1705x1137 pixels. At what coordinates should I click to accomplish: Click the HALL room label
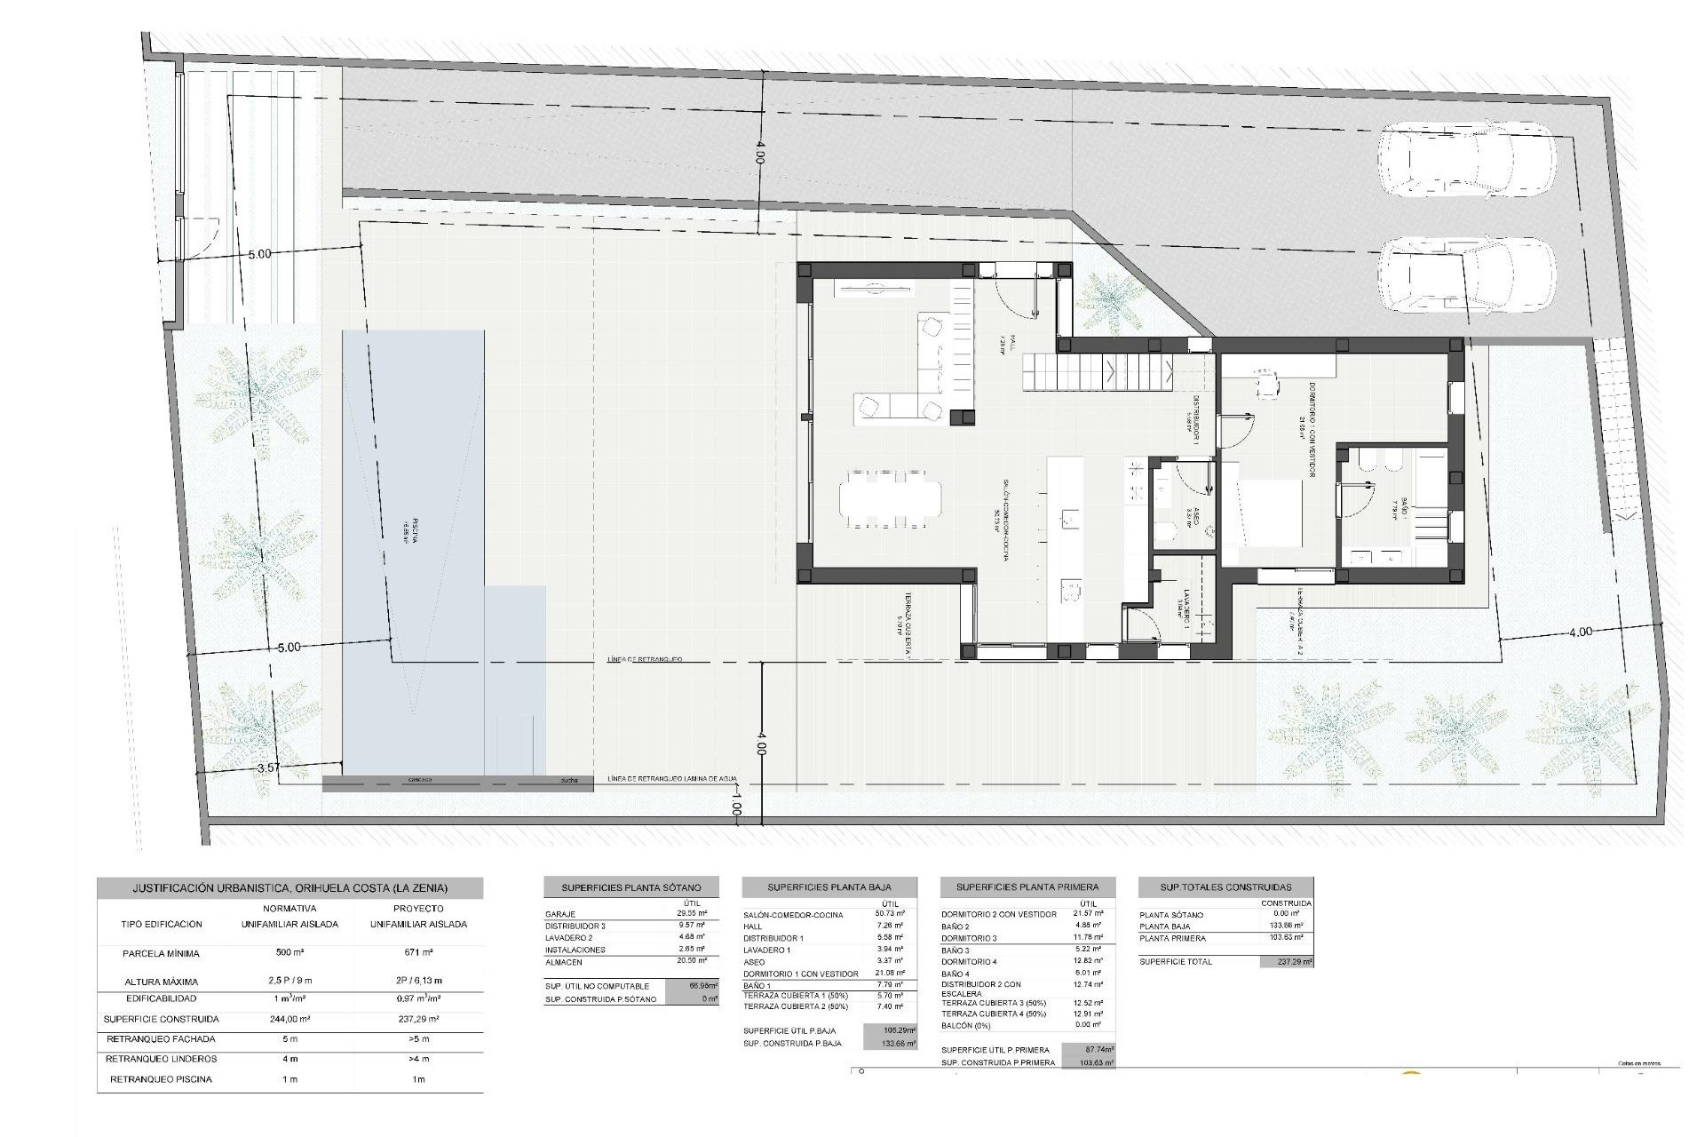pyautogui.click(x=1003, y=342)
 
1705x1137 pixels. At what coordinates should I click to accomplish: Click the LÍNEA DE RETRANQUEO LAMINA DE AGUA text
pyautogui.click(x=672, y=779)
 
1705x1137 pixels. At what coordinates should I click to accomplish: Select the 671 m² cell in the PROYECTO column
pyautogui.click(x=418, y=953)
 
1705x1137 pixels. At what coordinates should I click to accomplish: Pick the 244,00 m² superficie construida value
pyautogui.click(x=297, y=1019)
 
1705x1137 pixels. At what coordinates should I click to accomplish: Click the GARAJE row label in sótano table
pyautogui.click(x=561, y=914)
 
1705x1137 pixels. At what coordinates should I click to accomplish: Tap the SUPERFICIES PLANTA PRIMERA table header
pyautogui.click(x=1027, y=887)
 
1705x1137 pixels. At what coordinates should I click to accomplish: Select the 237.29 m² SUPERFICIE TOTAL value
pyautogui.click(x=1286, y=961)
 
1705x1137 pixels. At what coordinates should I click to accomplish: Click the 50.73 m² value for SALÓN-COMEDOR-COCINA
pyautogui.click(x=889, y=914)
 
